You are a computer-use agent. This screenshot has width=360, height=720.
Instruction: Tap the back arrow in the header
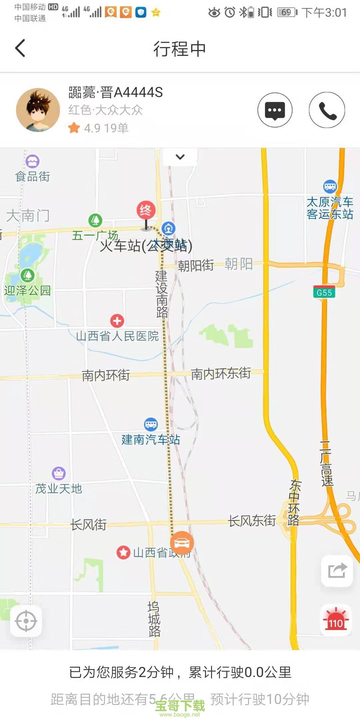[20, 48]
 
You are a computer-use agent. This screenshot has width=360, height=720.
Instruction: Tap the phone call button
[327, 110]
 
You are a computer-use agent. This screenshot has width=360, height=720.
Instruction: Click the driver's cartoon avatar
[38, 110]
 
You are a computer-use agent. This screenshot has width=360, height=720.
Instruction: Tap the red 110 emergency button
[336, 621]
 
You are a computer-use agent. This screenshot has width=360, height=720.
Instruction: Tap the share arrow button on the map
[337, 571]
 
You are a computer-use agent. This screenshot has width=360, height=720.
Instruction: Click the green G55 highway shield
[324, 293]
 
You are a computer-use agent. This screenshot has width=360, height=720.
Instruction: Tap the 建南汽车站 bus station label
[151, 440]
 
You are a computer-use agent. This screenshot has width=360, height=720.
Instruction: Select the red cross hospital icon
[117, 321]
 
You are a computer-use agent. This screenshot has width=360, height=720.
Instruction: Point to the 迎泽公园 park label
[27, 290]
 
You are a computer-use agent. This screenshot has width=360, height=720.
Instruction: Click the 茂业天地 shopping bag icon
[59, 473]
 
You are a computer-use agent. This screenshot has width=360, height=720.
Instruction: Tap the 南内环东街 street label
[221, 373]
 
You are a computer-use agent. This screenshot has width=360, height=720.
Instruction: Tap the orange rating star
[74, 128]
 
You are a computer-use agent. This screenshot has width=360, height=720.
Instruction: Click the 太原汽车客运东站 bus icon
[330, 186]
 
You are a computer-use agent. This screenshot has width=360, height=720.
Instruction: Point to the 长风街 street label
[88, 525]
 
